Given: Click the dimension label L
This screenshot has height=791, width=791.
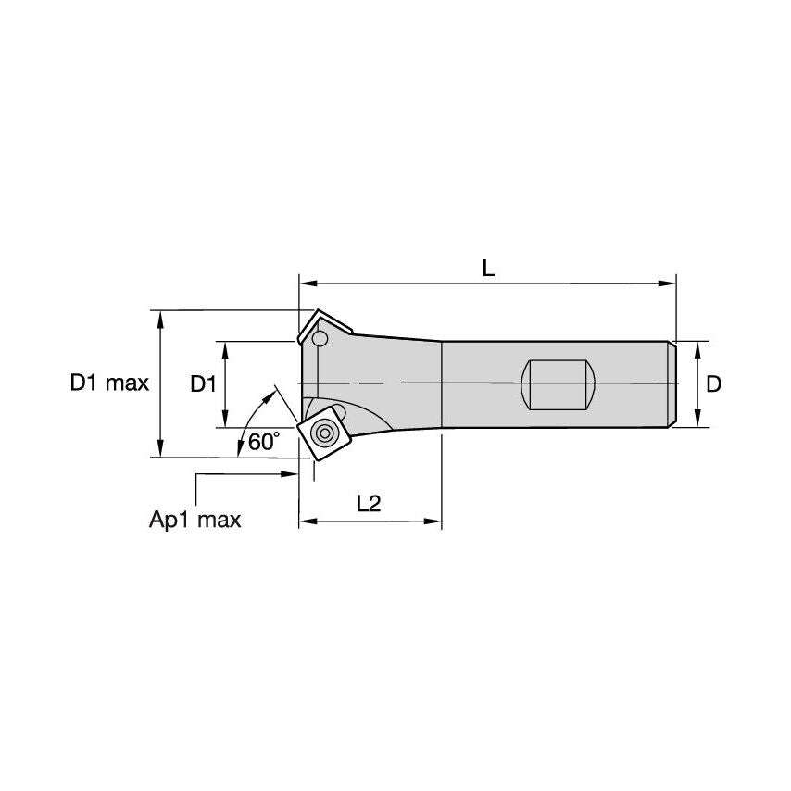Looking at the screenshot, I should [x=488, y=268].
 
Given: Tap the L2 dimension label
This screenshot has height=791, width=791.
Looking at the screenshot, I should [x=369, y=503].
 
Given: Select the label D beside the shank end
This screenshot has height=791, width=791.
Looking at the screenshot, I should [x=713, y=383].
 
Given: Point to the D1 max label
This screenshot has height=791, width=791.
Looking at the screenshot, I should [x=109, y=383].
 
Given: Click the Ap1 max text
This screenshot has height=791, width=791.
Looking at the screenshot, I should [x=195, y=520].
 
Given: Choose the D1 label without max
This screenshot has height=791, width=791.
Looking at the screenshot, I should [x=203, y=383].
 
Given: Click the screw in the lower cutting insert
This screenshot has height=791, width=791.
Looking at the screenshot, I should [x=324, y=432].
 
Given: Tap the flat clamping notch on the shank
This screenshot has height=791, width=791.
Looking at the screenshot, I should [x=558, y=383].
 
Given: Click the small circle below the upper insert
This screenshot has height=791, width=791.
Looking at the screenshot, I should [x=320, y=341].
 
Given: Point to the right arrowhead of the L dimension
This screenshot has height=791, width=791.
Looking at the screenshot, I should [x=670, y=282].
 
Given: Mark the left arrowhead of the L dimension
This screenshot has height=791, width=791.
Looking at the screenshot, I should [x=307, y=282].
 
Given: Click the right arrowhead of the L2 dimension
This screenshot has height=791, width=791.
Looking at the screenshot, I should [x=434, y=522].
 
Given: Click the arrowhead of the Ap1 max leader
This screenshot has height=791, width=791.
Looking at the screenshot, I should [x=289, y=474].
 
